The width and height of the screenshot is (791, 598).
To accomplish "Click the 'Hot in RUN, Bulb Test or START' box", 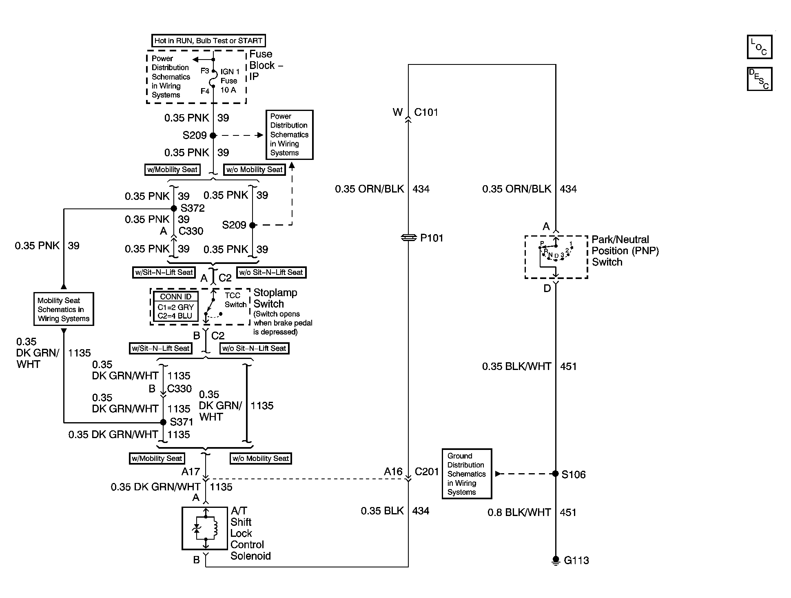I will (x=208, y=41).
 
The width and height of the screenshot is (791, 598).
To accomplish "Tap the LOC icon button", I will (x=759, y=47).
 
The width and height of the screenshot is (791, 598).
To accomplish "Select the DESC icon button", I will (x=759, y=79).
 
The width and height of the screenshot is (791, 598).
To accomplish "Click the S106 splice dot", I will (x=555, y=474).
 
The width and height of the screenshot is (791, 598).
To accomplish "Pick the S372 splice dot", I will (x=174, y=208).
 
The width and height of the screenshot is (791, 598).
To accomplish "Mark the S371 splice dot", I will (x=163, y=422).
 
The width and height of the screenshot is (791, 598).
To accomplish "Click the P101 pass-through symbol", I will (x=408, y=237).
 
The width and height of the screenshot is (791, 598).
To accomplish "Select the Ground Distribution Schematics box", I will (x=467, y=474).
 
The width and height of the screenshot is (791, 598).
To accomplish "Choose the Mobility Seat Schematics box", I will (x=64, y=309).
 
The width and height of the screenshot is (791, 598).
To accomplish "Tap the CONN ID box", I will (x=175, y=307).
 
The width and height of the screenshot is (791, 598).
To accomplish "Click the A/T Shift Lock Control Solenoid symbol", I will (x=205, y=528).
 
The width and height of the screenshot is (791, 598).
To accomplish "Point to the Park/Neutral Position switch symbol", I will (x=556, y=257).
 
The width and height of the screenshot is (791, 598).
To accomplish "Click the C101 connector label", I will (x=426, y=112).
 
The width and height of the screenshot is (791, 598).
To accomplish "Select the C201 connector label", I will (x=427, y=472).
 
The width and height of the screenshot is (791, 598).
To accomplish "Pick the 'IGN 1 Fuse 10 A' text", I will (x=230, y=81).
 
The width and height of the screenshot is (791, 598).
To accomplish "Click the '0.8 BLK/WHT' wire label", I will (x=519, y=512).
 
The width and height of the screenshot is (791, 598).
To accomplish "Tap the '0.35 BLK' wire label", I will (x=382, y=511).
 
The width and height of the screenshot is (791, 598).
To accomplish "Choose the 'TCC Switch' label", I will (x=235, y=300).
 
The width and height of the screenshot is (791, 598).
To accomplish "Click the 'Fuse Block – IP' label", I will (x=266, y=65).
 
